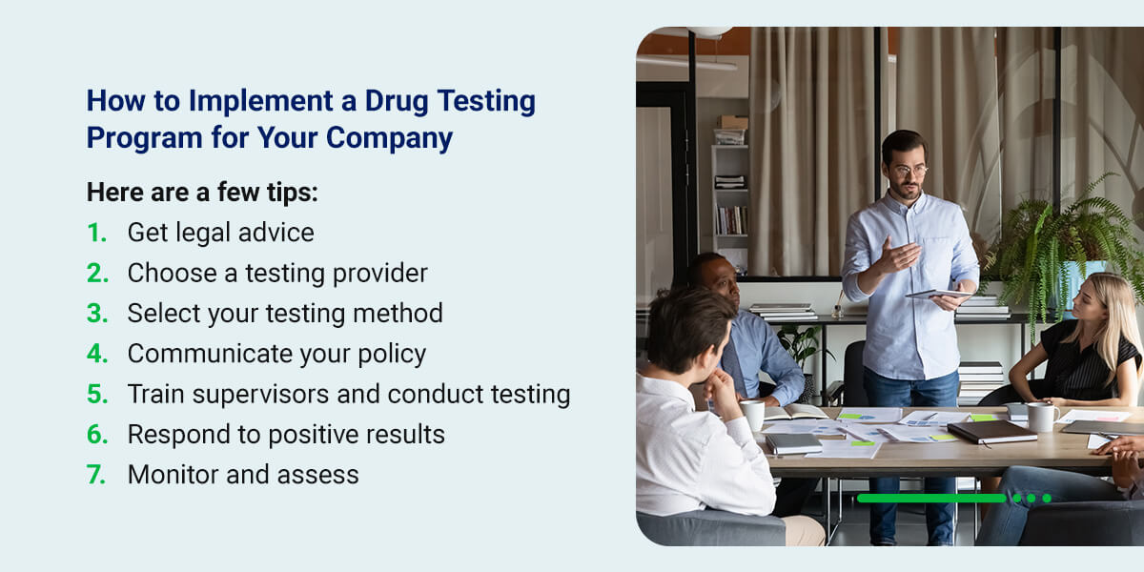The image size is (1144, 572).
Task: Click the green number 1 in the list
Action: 95,233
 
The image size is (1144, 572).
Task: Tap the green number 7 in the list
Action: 96,475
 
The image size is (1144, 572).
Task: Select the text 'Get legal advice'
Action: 220,233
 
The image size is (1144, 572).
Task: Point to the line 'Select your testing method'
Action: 285,314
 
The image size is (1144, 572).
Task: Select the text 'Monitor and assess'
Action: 243,475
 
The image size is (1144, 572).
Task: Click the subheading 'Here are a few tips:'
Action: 202,192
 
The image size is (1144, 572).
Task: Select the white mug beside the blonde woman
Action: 1042,416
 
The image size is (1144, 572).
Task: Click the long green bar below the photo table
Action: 930,498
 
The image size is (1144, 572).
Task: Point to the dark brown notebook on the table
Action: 991,431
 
